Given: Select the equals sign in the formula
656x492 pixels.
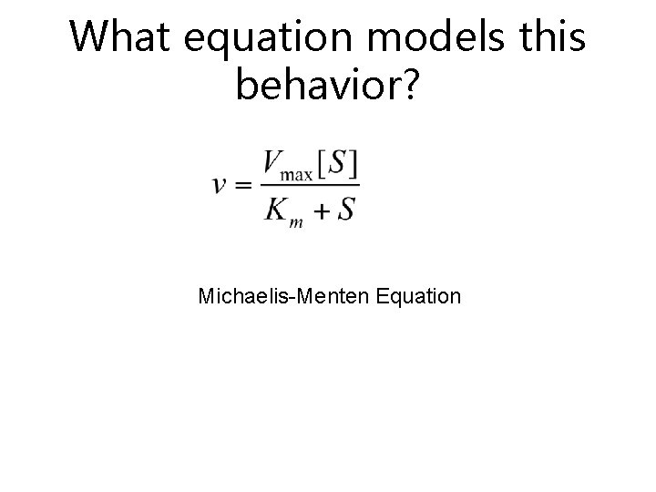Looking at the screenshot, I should [x=244, y=184].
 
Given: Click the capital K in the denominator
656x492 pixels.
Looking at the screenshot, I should [x=277, y=210].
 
